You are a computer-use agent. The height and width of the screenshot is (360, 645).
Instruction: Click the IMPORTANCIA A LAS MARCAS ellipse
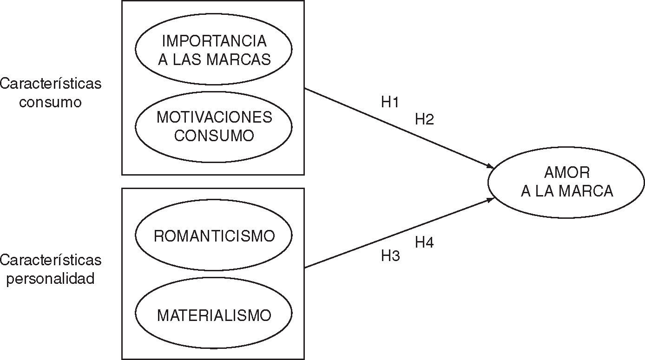[213, 50]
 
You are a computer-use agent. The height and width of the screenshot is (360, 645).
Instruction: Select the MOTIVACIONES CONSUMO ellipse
[213, 126]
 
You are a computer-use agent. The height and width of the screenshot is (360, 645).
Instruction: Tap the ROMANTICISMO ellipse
[213, 236]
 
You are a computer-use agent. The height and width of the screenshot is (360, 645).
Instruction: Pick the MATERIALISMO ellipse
[213, 315]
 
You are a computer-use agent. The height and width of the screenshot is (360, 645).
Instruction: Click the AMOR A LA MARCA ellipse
[566, 182]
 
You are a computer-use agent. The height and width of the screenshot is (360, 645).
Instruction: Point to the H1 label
[390, 103]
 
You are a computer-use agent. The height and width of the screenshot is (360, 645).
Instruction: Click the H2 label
[424, 119]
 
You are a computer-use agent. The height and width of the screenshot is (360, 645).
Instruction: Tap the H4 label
[424, 242]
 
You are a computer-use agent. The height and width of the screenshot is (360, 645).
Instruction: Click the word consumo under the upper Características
[50, 102]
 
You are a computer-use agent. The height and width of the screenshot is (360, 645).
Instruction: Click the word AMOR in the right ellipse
[566, 173]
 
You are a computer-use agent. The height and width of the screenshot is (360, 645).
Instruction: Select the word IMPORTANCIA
[214, 41]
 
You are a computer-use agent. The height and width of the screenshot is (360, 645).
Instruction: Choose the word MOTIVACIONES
[214, 117]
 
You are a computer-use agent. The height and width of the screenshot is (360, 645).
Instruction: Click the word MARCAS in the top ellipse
[244, 59]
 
